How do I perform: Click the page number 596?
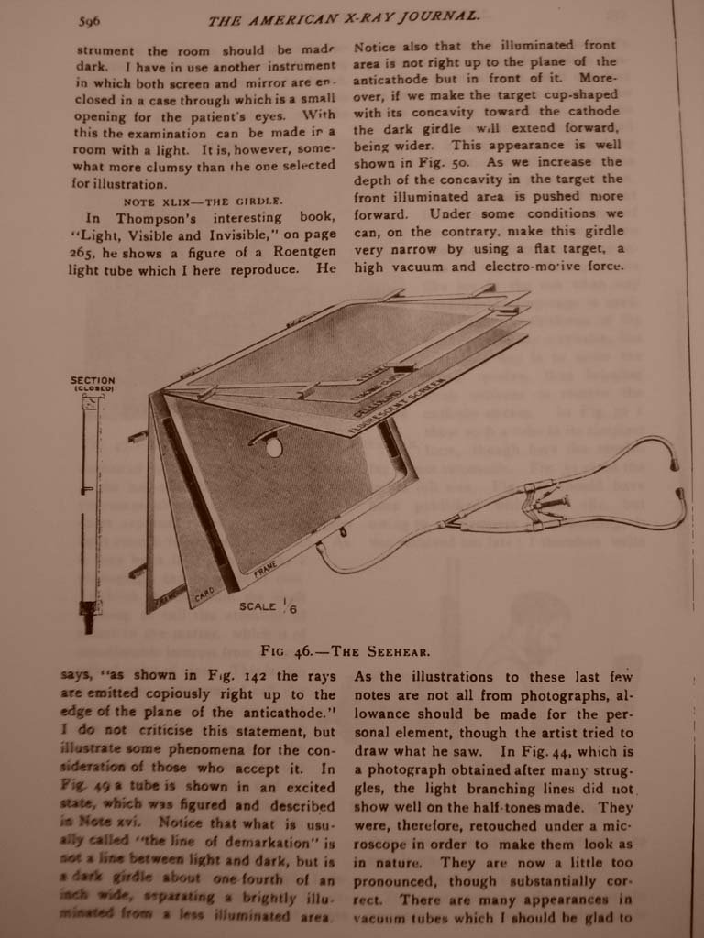(x=89, y=21)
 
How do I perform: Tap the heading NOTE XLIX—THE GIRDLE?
(x=203, y=201)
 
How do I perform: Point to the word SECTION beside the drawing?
(x=93, y=380)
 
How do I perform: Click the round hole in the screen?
(x=273, y=447)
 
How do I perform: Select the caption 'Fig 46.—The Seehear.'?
(x=346, y=651)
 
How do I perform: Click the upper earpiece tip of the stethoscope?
(x=675, y=464)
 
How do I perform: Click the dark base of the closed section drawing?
(x=89, y=617)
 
